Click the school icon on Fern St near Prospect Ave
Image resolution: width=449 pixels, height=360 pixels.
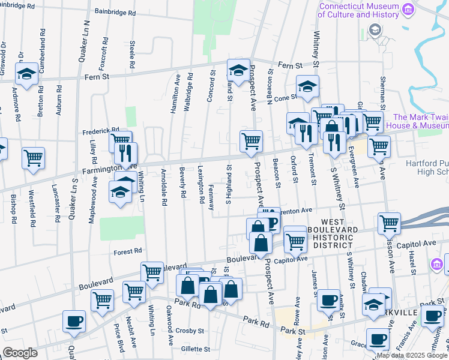(238, 71)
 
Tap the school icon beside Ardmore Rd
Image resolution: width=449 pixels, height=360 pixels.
(26, 75)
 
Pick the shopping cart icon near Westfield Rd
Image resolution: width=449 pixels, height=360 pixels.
(34, 158)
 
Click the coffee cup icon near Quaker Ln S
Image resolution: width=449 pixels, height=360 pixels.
(74, 321)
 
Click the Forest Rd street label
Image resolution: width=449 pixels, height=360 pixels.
(128, 251)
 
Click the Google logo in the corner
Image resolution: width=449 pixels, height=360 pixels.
(20, 353)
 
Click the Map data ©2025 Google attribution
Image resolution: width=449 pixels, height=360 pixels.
(411, 355)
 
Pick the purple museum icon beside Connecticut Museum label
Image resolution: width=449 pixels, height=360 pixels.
(409, 9)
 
